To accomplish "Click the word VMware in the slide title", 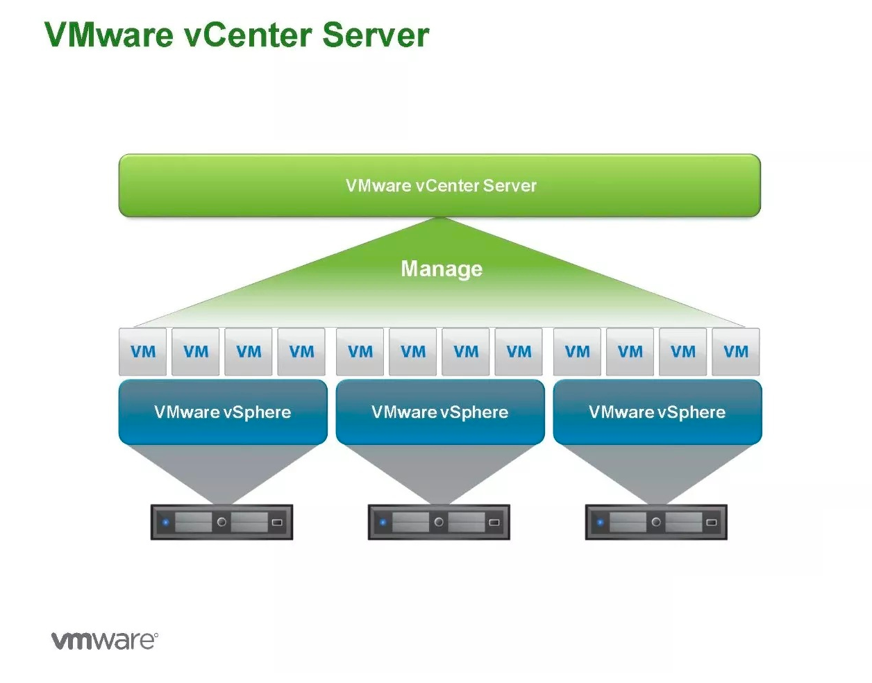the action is click(x=109, y=35).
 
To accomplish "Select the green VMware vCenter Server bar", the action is click(x=439, y=185).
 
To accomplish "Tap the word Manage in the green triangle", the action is click(x=442, y=269).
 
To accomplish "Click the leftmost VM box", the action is click(x=142, y=352).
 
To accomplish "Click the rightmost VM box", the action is click(x=735, y=352).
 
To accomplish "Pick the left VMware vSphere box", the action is click(x=223, y=412).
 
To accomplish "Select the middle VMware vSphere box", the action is click(x=440, y=412).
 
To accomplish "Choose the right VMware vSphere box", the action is click(x=657, y=412).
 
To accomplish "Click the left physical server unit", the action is click(x=221, y=522).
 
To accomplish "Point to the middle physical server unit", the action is click(x=439, y=522).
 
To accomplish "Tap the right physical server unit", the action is click(x=656, y=522).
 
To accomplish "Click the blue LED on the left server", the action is click(x=165, y=522).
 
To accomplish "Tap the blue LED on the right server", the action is click(x=600, y=522).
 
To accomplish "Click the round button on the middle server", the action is click(x=439, y=522).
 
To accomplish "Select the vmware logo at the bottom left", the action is click(x=105, y=641).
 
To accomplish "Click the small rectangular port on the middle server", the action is click(x=494, y=522).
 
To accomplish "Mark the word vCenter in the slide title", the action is click(x=248, y=35).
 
